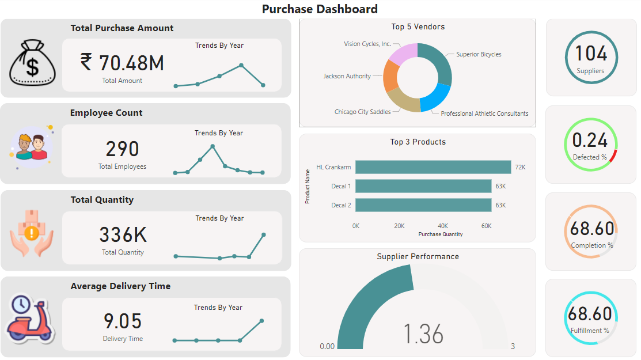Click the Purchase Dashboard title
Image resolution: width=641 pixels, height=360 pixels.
(x=320, y=9)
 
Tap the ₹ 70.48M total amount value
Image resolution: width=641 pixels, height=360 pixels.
(x=122, y=63)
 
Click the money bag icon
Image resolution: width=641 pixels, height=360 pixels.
(x=31, y=60)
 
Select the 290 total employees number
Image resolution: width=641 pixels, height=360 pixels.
(x=122, y=149)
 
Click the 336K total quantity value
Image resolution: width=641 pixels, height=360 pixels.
(x=123, y=235)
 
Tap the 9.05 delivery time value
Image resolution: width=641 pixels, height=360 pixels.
(x=122, y=321)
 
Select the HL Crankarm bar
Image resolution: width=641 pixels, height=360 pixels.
(x=433, y=167)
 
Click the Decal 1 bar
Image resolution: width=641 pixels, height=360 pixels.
(x=423, y=186)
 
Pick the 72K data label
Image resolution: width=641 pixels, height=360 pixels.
(x=520, y=167)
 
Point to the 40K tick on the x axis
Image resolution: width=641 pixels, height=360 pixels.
(x=443, y=226)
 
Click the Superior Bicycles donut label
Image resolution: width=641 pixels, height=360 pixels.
(x=479, y=55)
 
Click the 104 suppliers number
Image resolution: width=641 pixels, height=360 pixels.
(x=591, y=54)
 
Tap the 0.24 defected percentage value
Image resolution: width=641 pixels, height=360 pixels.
(x=590, y=140)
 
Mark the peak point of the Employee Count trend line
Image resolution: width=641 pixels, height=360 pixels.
(x=213, y=146)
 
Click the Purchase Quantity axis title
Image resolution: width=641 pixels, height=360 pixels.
(x=441, y=234)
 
